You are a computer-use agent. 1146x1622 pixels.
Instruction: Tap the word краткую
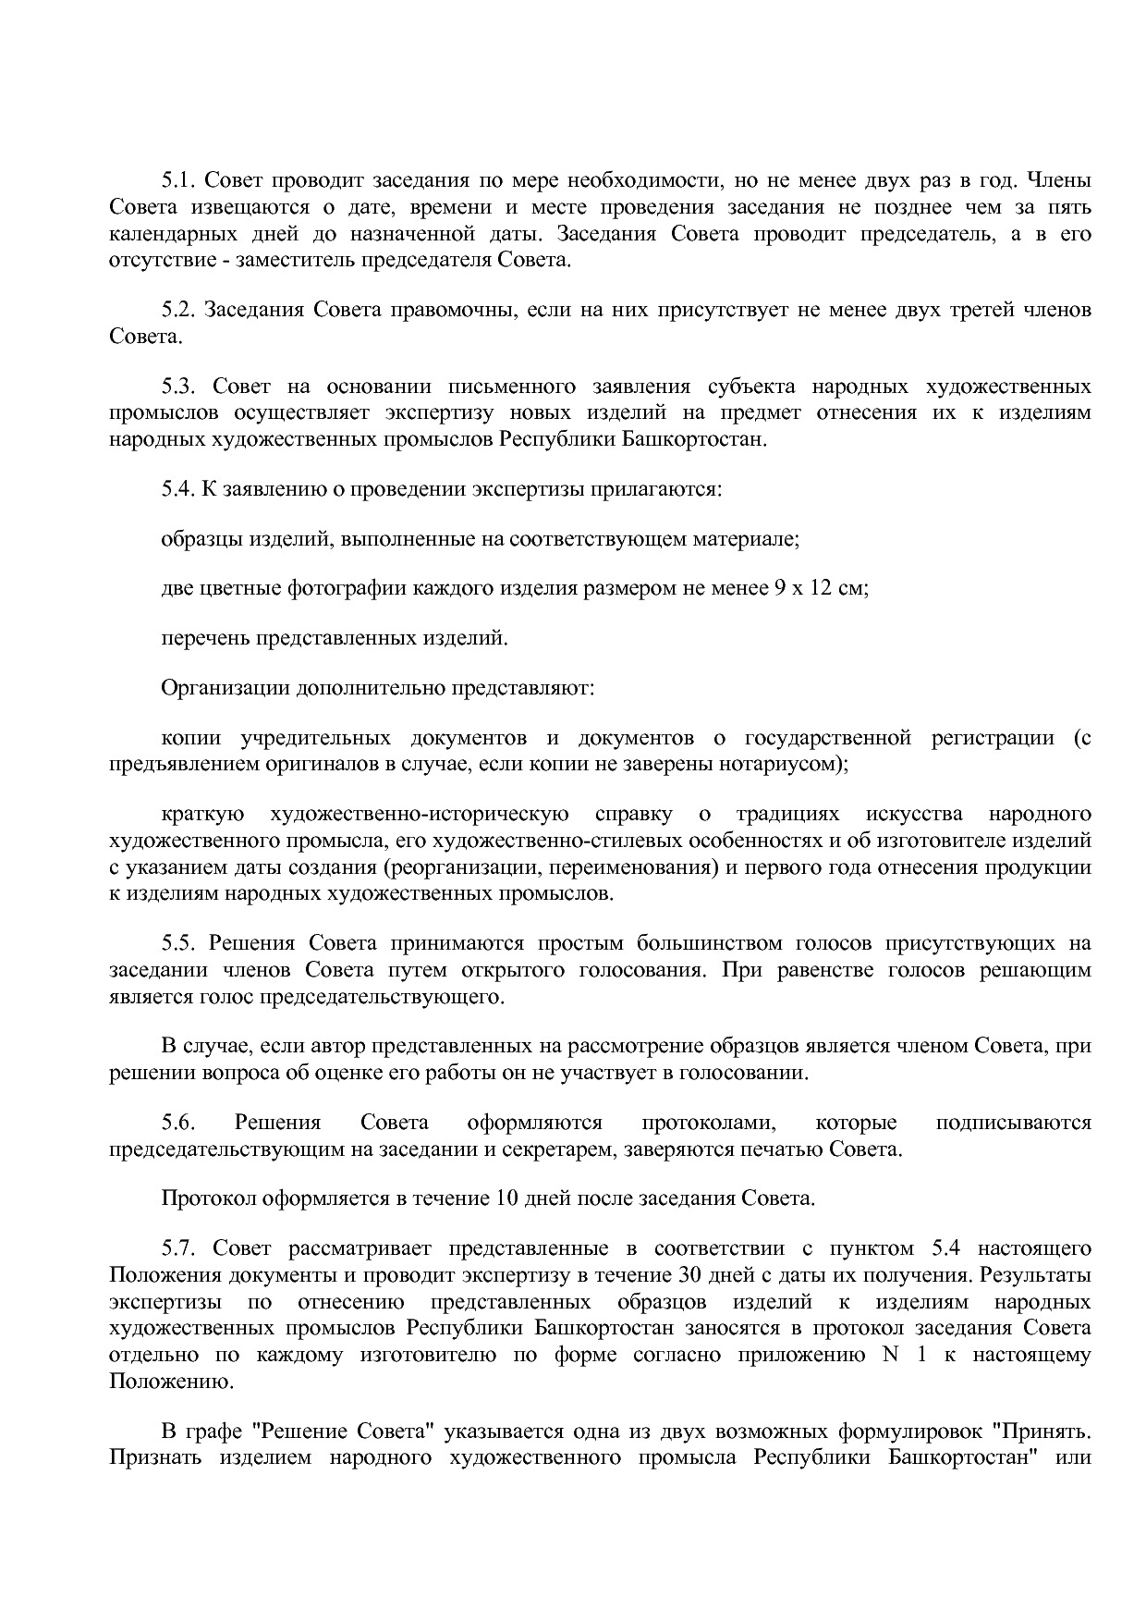pos(202,815)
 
